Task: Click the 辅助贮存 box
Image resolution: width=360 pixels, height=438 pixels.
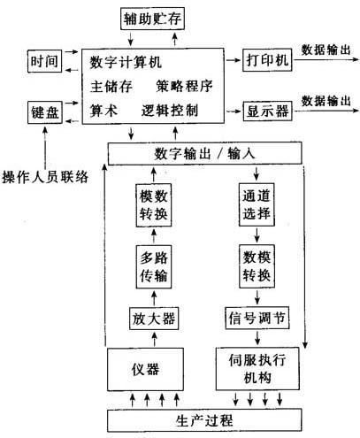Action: coord(152,19)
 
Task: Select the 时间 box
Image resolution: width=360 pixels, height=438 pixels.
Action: coord(44,61)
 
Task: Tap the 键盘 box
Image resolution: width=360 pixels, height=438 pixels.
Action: coord(44,112)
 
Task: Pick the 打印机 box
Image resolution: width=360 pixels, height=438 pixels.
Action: coord(267,60)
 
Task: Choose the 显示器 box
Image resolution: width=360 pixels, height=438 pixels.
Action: coord(267,111)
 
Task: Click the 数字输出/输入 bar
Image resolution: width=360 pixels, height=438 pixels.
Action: coord(205,153)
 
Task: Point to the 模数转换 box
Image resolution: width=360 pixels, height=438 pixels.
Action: coord(154,205)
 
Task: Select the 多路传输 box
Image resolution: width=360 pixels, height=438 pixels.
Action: coord(154,266)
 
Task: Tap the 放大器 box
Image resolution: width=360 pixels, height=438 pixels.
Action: coord(154,319)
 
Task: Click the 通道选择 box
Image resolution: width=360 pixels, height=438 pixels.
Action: coord(257,204)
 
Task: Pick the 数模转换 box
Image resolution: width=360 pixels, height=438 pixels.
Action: coord(257,266)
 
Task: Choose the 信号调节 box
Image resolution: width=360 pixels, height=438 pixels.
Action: coord(257,318)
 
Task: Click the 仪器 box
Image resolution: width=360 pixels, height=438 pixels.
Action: coord(145,369)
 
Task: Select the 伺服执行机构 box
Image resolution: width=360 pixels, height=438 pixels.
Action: coord(257,369)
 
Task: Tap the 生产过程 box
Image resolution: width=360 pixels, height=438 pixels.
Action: coord(204,420)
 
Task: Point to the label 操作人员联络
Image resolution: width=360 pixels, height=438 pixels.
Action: coord(45,177)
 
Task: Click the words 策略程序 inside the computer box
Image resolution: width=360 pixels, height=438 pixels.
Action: coord(184,86)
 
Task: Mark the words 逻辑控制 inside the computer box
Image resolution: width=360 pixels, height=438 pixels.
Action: coord(170,111)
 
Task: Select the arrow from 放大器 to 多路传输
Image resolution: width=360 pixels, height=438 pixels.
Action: coord(154,298)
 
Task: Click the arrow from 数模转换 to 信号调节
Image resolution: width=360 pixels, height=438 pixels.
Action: coord(257,297)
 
